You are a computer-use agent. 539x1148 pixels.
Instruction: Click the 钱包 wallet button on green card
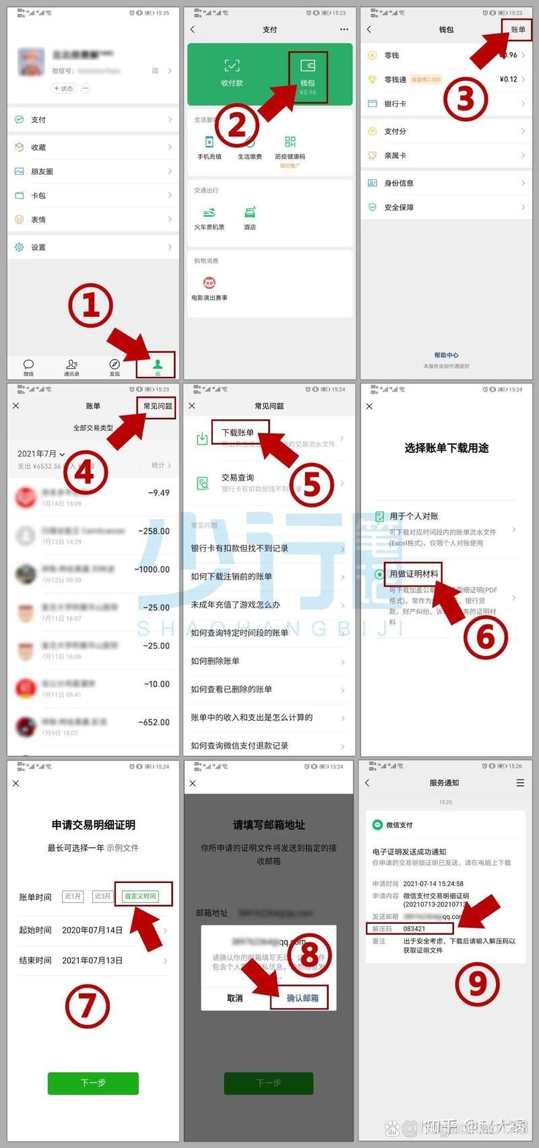[308, 77]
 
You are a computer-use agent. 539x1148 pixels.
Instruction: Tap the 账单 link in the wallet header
[517, 30]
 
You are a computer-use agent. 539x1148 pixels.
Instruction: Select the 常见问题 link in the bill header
[158, 406]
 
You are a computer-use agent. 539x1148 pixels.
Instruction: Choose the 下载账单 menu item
[239, 433]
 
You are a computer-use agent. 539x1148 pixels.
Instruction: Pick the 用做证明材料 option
[414, 574]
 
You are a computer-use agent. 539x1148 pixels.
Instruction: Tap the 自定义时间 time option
[141, 896]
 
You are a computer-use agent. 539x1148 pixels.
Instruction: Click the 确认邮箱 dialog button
[303, 998]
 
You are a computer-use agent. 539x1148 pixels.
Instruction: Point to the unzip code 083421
[414, 929]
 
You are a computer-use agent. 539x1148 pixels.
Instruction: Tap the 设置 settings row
[38, 248]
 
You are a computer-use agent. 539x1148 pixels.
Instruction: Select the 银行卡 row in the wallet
[395, 104]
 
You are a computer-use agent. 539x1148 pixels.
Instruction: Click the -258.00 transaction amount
[154, 531]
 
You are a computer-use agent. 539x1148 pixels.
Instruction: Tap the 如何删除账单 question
[215, 661]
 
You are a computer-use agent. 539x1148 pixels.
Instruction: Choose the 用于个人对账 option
[414, 516]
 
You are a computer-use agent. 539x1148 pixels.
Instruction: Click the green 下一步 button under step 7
[93, 1083]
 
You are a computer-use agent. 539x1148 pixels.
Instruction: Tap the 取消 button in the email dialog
[235, 998]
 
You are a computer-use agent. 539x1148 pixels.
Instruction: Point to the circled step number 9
[477, 983]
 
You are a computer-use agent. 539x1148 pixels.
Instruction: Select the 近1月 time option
[73, 896]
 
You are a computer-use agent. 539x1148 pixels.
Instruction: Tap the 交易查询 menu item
[238, 478]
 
